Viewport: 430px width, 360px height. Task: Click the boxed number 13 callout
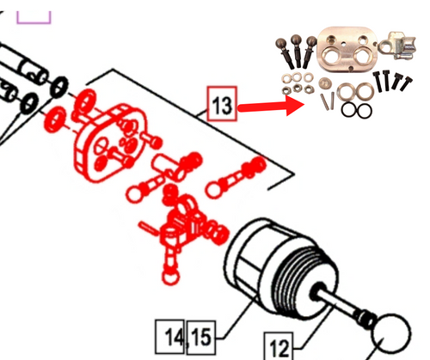[x=222, y=107]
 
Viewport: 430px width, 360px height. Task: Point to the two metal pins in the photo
[x=327, y=99]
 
